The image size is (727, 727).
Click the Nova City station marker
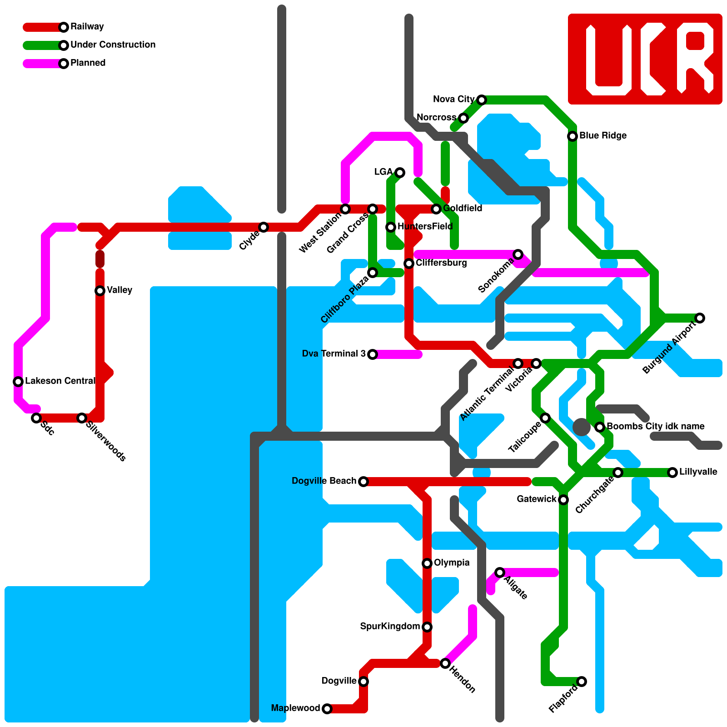point(482,100)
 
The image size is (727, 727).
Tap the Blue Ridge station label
point(603,136)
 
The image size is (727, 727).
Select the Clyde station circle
point(264,227)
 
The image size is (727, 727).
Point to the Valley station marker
point(100,291)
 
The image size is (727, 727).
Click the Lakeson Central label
point(60,381)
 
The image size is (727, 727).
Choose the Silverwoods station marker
point(82,418)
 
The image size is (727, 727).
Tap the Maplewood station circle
point(327,709)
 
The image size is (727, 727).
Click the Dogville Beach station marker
point(363,482)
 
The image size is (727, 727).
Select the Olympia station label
point(451,563)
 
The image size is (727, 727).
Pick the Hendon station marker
point(445,663)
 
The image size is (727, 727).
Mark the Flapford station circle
point(582,682)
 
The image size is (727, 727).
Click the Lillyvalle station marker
point(672,473)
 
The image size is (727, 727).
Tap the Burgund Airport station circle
point(700,318)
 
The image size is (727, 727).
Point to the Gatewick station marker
point(563,500)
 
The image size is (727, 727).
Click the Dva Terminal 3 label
point(334,354)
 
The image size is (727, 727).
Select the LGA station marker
point(400,173)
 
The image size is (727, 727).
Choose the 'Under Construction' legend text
point(113,45)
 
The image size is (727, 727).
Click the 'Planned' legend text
point(88,63)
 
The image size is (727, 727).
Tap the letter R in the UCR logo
point(695,59)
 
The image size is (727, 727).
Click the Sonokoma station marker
point(518,254)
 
